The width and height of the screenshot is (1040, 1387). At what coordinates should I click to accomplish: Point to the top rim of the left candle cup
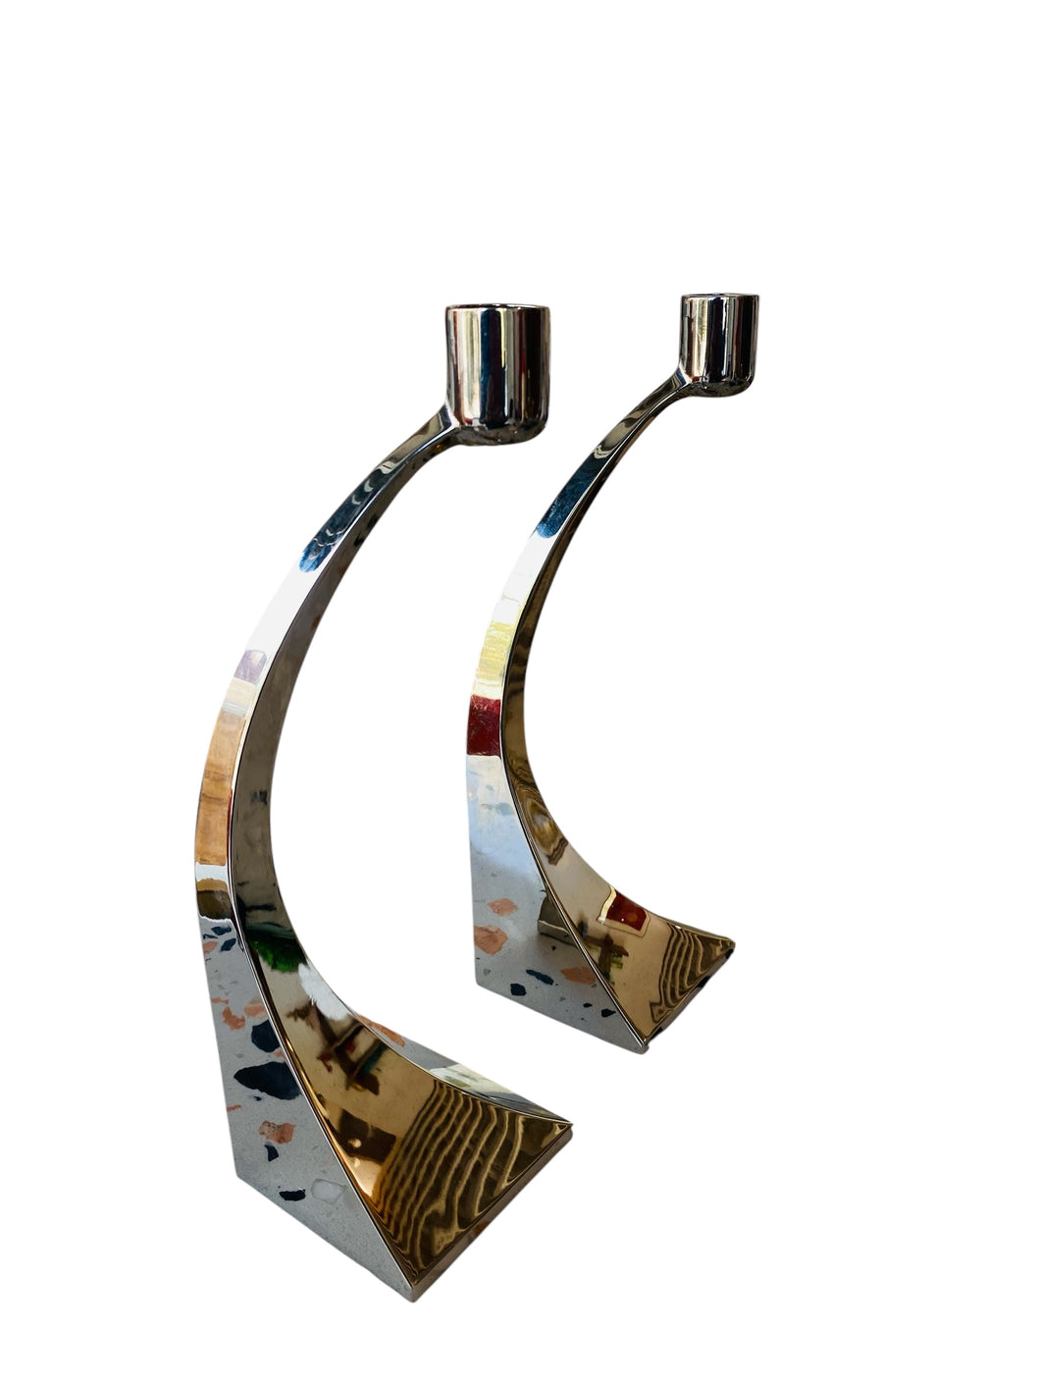click(x=498, y=311)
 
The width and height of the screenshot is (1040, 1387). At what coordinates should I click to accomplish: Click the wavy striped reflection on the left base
click(x=461, y=1158)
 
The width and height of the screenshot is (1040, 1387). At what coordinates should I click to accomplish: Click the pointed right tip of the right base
click(x=735, y=946)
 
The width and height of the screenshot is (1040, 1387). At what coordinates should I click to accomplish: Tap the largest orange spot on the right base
click(x=491, y=938)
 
